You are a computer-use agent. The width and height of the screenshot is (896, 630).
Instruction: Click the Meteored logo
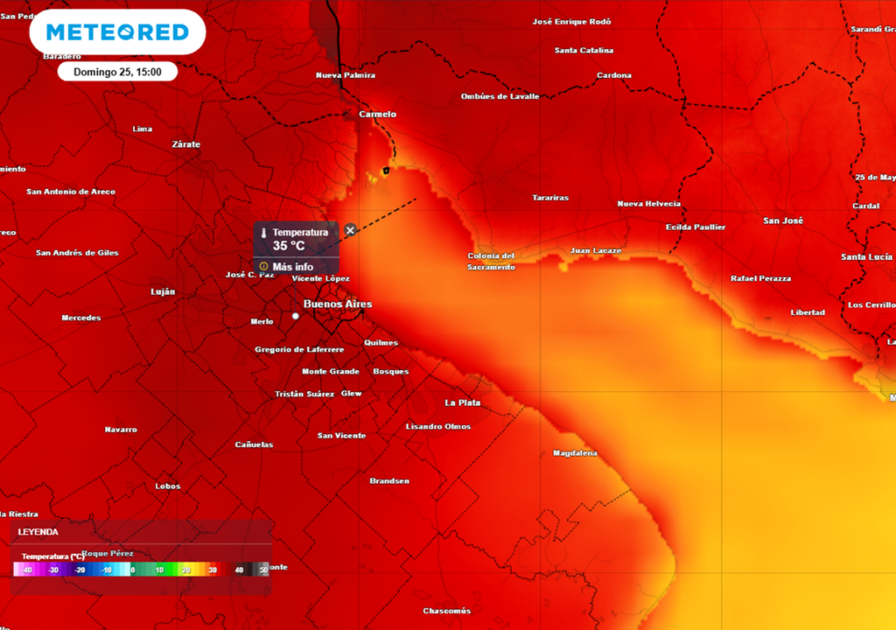click(x=117, y=32)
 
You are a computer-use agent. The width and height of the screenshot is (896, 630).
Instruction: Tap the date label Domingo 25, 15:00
click(x=117, y=72)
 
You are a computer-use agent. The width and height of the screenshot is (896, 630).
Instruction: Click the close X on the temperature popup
click(x=350, y=230)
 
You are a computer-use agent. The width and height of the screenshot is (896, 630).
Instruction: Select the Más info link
click(x=292, y=267)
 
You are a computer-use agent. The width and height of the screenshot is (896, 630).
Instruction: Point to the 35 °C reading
click(x=289, y=246)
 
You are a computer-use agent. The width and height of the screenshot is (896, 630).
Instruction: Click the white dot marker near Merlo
click(x=296, y=316)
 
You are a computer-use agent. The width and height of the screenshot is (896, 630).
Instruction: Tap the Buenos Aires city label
click(x=338, y=304)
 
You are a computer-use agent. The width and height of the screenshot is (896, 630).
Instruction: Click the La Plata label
click(x=463, y=403)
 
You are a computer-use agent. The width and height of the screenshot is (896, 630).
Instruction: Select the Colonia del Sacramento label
click(x=491, y=262)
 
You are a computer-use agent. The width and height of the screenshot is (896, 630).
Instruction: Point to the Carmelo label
click(x=378, y=115)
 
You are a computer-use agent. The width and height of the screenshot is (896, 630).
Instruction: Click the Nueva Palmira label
click(x=346, y=75)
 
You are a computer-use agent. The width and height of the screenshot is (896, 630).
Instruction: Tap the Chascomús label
click(x=447, y=611)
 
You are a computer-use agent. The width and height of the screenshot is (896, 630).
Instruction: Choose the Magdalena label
click(x=576, y=453)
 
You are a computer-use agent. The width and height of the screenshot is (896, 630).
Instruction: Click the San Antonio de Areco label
click(x=71, y=192)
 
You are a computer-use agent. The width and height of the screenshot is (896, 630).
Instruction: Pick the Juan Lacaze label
click(x=596, y=251)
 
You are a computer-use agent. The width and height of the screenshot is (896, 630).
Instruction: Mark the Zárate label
click(x=186, y=144)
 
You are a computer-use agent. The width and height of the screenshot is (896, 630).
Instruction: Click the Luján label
click(x=163, y=291)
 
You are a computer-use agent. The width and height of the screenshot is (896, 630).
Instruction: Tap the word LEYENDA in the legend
click(x=38, y=532)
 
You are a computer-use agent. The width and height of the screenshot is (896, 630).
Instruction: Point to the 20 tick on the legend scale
click(x=185, y=570)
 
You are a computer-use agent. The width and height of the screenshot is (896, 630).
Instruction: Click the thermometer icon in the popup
click(x=263, y=233)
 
